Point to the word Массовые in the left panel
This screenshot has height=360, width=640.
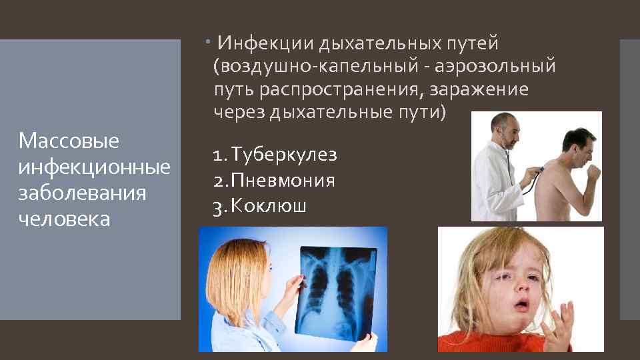coord(69,141)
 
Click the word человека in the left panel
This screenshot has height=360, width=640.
coord(65,219)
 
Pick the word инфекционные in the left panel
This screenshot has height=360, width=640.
coord(95,167)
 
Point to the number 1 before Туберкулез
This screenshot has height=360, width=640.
coord(218,155)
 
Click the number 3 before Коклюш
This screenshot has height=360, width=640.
coord(218,206)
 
